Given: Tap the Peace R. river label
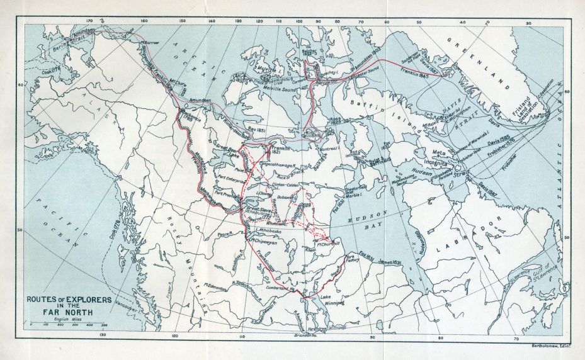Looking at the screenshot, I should pyautogui.click(x=227, y=235).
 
